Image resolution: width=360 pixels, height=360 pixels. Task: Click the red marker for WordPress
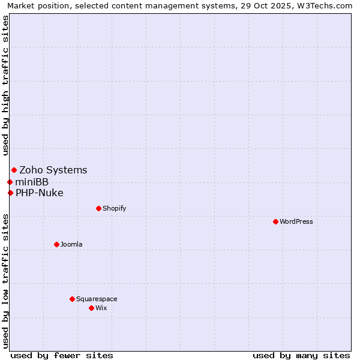275,221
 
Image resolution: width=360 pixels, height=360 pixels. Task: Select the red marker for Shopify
98,208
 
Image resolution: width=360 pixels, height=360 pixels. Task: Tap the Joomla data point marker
56,244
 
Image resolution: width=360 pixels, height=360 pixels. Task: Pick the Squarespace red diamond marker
72,299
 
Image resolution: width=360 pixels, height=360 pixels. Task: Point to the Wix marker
91,308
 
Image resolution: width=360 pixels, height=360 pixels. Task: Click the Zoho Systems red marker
14,170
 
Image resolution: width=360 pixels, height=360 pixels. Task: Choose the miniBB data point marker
10,182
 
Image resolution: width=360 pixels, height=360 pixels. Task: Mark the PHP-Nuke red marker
10,193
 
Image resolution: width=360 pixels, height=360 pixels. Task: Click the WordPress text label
296,221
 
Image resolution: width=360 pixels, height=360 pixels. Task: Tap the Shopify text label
114,208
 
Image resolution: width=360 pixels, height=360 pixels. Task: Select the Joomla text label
71,244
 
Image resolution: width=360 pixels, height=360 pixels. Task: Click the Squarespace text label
97,299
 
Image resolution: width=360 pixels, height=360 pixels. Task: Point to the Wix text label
101,308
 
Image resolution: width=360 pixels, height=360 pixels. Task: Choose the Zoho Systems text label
53,170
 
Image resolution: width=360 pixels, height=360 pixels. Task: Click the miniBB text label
32,182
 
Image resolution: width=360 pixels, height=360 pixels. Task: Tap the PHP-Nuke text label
40,193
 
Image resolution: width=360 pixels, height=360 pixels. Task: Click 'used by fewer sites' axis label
62,355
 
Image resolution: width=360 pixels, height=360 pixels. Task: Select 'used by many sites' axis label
301,355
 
